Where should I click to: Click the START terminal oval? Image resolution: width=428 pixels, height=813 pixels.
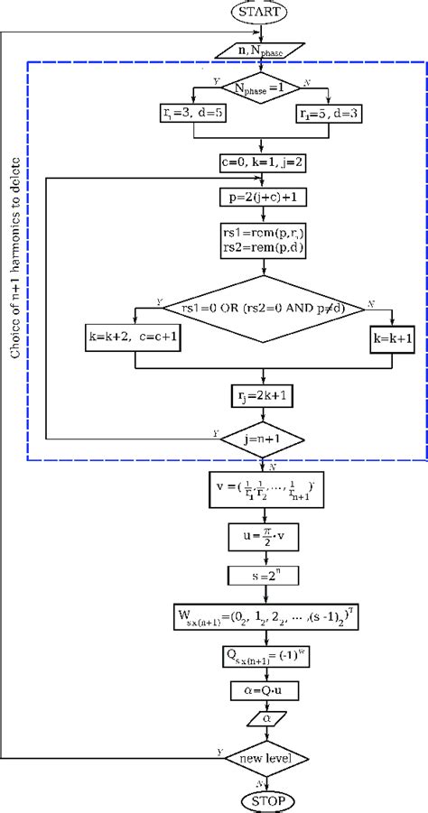click(x=262, y=13)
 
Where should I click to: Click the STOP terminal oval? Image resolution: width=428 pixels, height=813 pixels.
click(x=262, y=799)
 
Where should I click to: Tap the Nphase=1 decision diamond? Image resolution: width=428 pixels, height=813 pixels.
click(x=262, y=89)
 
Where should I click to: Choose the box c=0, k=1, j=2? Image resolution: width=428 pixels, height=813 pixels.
click(x=262, y=162)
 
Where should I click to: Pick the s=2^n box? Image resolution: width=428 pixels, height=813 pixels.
click(x=262, y=573)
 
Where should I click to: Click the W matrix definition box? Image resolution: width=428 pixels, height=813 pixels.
click(x=262, y=618)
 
